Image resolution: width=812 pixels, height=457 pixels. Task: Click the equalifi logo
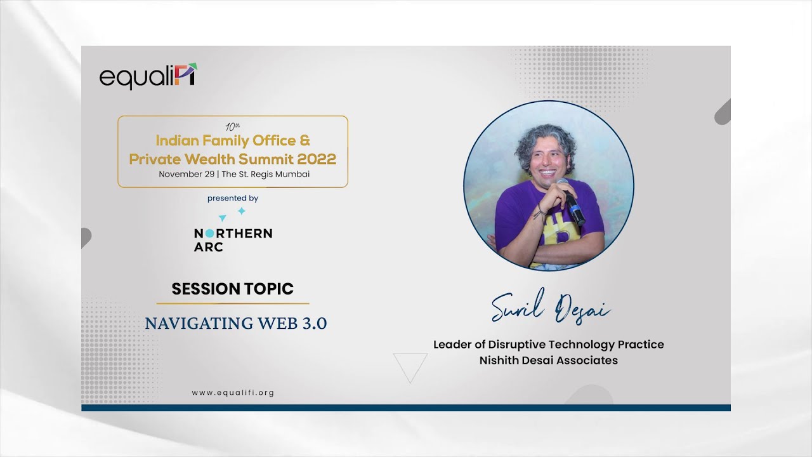[x=148, y=76]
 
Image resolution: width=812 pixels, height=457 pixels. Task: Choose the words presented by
[x=233, y=198]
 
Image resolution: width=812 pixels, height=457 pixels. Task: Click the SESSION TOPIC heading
[x=233, y=289]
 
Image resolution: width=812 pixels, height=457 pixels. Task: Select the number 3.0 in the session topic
[x=313, y=323]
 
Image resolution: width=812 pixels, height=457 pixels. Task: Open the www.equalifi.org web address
[x=233, y=393]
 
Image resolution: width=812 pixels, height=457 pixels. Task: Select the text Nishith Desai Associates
[x=548, y=361]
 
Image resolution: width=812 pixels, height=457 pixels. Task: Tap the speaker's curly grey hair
[x=544, y=140]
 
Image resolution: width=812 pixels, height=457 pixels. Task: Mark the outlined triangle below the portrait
[x=410, y=366]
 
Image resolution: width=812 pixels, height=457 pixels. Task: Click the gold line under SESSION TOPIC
[x=233, y=303]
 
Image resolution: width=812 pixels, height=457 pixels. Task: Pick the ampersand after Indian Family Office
[x=304, y=140]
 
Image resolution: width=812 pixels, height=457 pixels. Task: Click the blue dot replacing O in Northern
[x=209, y=234]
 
